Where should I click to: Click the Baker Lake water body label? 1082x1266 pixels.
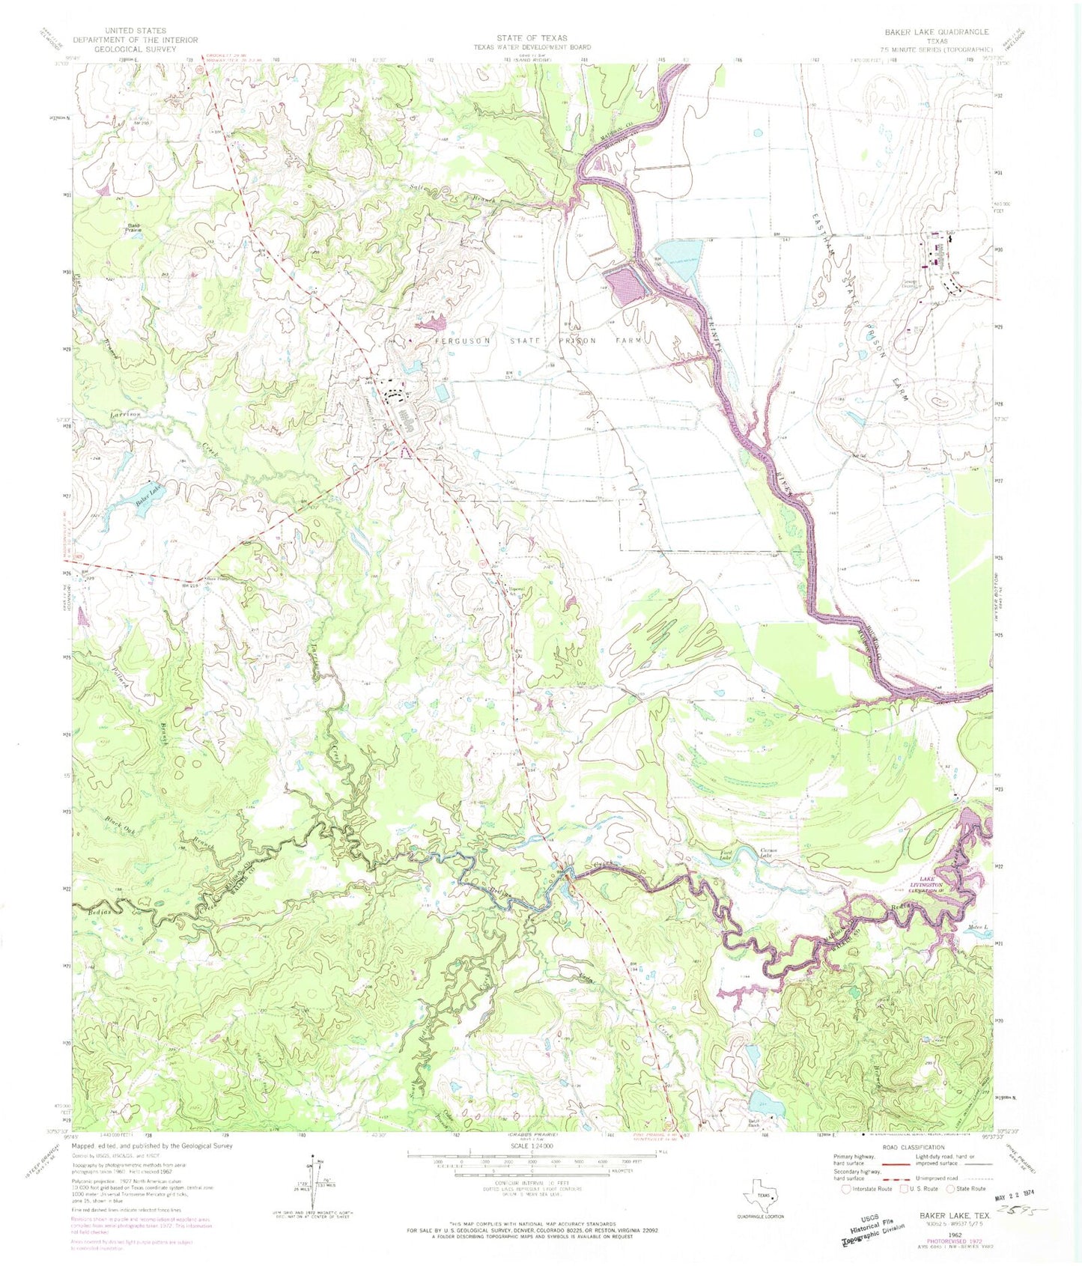tap(148, 492)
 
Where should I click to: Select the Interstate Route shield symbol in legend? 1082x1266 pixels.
tap(845, 1188)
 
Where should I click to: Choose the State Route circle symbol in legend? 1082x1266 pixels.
tap(952, 1188)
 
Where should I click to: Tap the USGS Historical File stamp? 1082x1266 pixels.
tap(872, 1217)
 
